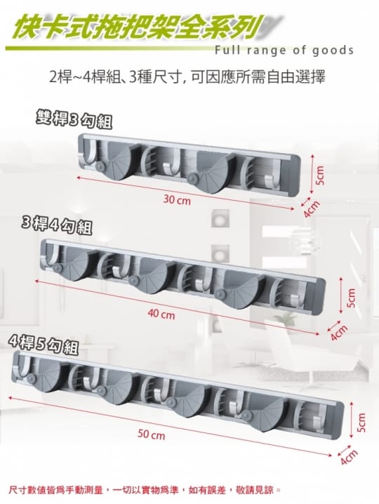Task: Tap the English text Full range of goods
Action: tap(284, 51)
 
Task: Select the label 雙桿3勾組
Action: tap(74, 120)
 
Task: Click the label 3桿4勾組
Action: tap(56, 225)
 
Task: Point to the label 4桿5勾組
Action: tap(44, 345)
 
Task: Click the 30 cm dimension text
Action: tap(177, 201)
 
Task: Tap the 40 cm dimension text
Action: tap(161, 314)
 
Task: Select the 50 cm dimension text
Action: tap(151, 435)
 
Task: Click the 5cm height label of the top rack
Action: tap(320, 176)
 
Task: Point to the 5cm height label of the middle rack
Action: tap(351, 298)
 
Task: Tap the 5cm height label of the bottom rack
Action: tap(361, 422)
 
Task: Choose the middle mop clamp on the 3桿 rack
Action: tap(151, 275)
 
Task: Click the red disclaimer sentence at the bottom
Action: tap(145, 490)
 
